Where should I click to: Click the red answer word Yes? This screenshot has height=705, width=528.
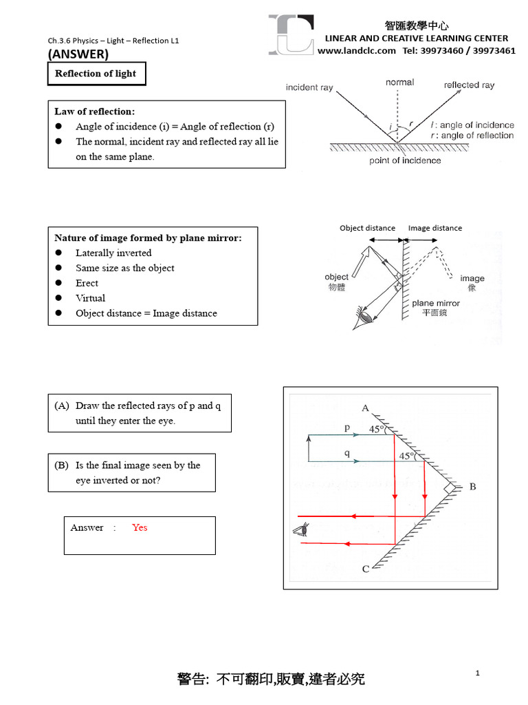[140, 527]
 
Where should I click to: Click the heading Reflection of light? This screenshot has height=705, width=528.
[96, 74]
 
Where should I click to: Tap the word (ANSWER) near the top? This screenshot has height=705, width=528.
[78, 54]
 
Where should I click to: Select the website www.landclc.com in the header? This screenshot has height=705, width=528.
[357, 50]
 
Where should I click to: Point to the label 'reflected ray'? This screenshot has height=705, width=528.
[469, 85]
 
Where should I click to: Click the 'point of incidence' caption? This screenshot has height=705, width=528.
[405, 160]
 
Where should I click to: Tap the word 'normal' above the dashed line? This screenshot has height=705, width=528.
[399, 82]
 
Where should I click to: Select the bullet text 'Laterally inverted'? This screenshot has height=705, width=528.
[113, 253]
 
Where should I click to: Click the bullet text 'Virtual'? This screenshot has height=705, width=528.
[90, 298]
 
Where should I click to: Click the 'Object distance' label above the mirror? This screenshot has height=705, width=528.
[367, 228]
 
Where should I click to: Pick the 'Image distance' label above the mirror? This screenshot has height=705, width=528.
[435, 228]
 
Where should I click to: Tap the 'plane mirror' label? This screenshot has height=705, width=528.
[436, 303]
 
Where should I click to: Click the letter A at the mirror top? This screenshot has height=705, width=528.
[365, 408]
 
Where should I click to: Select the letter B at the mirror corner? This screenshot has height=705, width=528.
[472, 487]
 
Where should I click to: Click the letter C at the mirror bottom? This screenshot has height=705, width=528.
[365, 569]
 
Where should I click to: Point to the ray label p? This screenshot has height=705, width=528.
[347, 428]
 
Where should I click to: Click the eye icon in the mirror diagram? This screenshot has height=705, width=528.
[300, 529]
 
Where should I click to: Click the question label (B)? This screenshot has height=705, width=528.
[63, 465]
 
